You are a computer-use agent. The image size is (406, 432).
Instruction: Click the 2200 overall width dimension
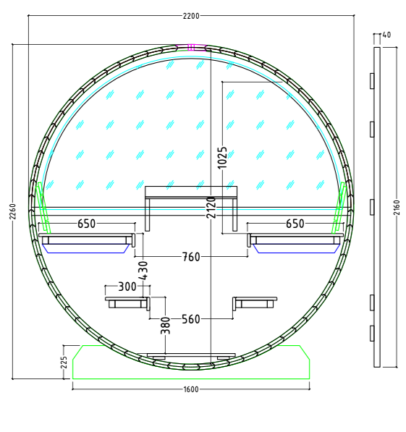192,15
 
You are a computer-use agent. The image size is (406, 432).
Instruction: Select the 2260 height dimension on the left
12,211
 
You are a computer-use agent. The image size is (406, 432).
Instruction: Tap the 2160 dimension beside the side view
395,206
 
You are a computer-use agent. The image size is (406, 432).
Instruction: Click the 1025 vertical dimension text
222,158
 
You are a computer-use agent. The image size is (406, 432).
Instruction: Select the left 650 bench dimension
86,224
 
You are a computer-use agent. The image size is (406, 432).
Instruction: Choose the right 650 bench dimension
295,224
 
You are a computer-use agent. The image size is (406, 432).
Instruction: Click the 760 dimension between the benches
191,256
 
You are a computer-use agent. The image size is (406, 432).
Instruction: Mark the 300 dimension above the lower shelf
127,287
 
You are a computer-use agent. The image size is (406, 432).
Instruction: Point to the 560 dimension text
191,318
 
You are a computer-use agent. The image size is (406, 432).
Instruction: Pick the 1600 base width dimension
191,389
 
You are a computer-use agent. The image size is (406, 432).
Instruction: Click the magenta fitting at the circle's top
191,48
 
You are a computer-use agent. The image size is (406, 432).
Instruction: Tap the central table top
191,192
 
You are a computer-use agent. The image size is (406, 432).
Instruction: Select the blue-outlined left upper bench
86,243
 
